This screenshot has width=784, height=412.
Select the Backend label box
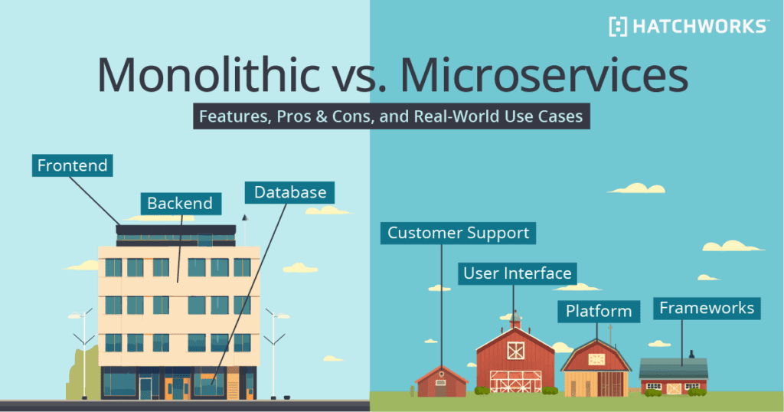pos(180,203)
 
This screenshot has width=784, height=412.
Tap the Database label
pos(290,192)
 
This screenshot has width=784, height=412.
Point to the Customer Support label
pos(459,233)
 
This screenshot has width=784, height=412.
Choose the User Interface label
pos(517,273)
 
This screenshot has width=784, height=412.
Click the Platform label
pos(599,311)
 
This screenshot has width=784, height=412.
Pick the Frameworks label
pos(707,309)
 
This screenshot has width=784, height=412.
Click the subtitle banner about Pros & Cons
pos(391,118)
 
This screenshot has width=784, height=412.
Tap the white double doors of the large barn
pos(515,381)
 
